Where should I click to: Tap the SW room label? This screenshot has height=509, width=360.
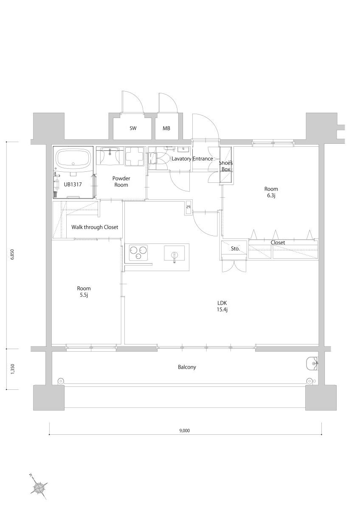133,128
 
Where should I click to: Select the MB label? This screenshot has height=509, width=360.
166,129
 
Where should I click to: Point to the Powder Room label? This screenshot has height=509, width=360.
121,182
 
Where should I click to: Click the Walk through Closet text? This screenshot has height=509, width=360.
95,227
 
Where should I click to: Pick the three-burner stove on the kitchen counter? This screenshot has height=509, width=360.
138,253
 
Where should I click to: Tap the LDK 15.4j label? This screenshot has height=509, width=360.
222,306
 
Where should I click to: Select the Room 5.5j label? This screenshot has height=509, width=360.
84,291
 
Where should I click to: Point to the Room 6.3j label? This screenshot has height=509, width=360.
271,192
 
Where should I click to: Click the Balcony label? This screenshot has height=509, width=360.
187,367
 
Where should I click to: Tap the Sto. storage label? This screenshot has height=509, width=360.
235,249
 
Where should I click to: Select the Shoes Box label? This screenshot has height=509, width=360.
226,166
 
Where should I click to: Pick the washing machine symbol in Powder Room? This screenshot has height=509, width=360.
134,156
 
